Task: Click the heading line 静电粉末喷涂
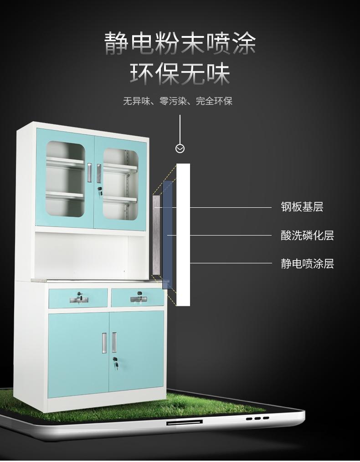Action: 180,44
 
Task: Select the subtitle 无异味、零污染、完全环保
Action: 178,101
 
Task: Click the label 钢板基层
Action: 302,207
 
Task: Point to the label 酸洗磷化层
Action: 307,236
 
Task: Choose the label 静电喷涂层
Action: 307,263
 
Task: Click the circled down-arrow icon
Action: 180,149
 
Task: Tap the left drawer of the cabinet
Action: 78,298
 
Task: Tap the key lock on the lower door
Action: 115,364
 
